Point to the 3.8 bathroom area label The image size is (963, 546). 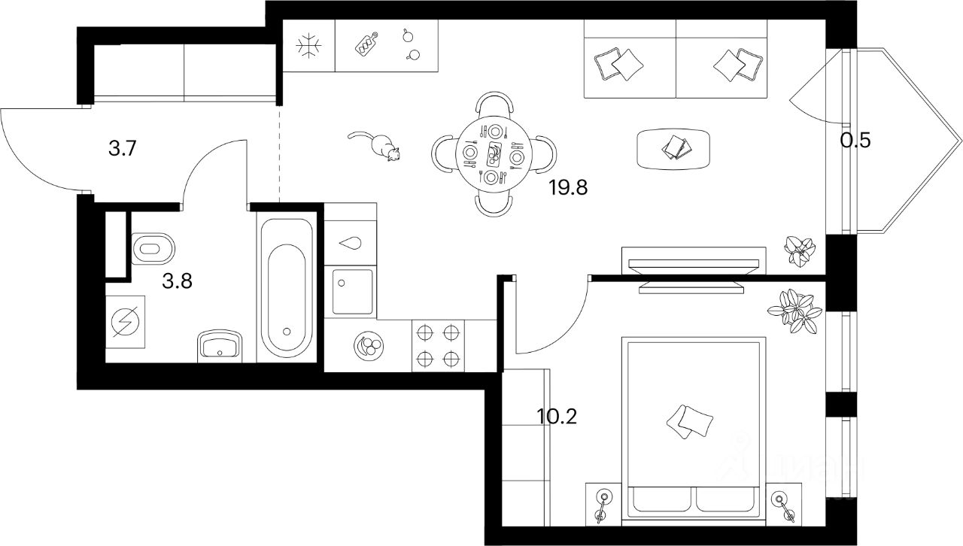coord(178,281)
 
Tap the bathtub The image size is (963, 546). coord(287,287)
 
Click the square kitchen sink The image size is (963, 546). coord(352,291)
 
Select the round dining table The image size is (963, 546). coord(494,155)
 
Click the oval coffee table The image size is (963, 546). coord(673,148)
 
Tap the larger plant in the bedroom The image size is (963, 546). coord(797,310)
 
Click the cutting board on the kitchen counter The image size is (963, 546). coord(366,46)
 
